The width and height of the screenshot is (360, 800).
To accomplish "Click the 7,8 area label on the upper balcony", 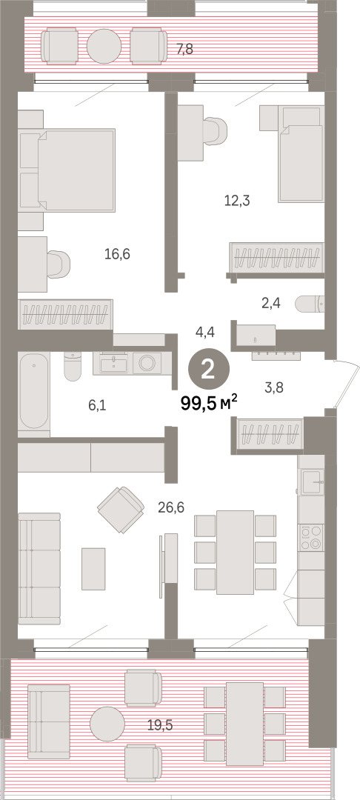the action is (x=185, y=50).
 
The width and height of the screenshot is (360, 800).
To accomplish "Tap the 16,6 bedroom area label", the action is (x=117, y=253).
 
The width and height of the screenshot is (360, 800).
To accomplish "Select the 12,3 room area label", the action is (x=236, y=201).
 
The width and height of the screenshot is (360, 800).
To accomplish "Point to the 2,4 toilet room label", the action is (x=270, y=304).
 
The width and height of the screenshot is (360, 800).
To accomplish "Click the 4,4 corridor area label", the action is (x=205, y=332).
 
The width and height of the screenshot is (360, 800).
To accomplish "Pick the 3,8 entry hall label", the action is (x=274, y=387).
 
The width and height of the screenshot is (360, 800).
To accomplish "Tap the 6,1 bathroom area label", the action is (x=97, y=406).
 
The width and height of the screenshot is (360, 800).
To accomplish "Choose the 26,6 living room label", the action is (x=171, y=507).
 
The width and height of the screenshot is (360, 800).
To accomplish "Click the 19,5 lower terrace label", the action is (x=159, y=725).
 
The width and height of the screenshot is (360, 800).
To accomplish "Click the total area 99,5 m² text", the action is (x=209, y=404).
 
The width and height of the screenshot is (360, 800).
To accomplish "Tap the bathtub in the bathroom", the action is (x=33, y=391).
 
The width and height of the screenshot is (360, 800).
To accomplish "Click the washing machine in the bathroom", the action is (x=147, y=363).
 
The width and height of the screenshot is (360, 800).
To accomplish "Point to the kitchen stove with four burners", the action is (x=310, y=538).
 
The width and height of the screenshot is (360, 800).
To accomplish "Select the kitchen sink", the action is (x=310, y=482).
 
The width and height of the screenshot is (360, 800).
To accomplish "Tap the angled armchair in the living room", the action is (x=121, y=509).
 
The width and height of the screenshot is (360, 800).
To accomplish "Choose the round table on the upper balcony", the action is (x=104, y=46).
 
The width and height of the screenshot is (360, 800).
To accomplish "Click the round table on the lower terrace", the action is (x=107, y=724).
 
